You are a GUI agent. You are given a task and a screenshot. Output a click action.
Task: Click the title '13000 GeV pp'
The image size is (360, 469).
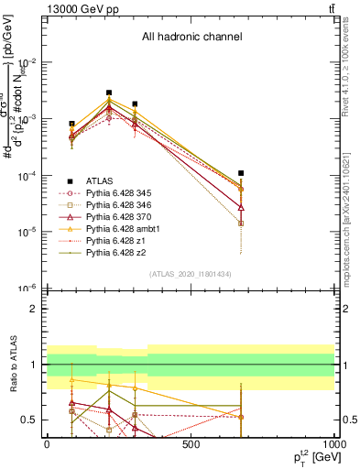tap(80, 7)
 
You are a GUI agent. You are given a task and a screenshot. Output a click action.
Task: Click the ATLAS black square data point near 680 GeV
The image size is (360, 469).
tap(241, 172)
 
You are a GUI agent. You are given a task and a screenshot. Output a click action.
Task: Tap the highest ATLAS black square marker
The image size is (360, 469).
tap(109, 93)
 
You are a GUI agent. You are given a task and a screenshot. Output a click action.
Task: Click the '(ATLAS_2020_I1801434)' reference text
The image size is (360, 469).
tap(191, 274)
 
